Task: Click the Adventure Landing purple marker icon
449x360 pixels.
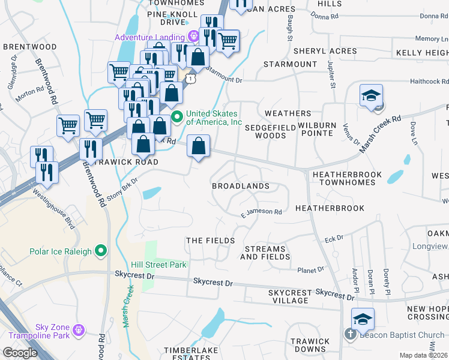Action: point(193,36)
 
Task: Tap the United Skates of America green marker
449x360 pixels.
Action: point(177,116)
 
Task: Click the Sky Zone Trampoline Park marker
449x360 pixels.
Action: point(79,329)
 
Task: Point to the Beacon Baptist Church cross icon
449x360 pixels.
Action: point(351,335)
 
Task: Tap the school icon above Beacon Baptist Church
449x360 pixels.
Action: point(363,318)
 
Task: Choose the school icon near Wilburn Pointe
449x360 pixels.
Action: point(372,96)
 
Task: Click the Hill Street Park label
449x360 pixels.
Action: point(159,265)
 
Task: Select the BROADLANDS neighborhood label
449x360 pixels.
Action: point(240,186)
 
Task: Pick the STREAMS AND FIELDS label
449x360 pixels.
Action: point(265,253)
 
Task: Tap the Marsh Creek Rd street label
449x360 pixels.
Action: point(379,133)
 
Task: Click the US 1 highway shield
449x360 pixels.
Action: point(190,78)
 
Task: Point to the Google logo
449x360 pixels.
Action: point(20,352)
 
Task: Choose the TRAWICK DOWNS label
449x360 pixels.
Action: point(310,345)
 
